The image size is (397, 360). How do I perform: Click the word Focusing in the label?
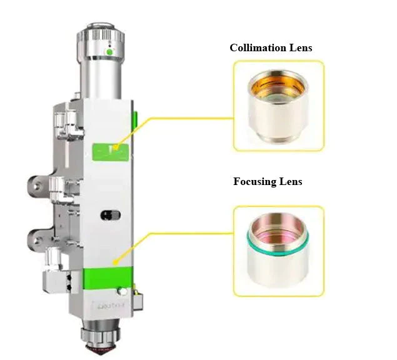pyautogui.click(x=254, y=181)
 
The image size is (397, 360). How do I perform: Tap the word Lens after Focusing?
pyautogui.click(x=291, y=181)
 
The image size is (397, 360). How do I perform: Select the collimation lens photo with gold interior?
pyautogui.click(x=278, y=106)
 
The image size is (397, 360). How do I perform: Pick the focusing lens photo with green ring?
pyautogui.click(x=278, y=251)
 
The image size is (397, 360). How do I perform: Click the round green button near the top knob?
pyautogui.click(x=109, y=52)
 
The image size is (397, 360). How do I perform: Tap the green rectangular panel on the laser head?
pyautogui.click(x=111, y=152)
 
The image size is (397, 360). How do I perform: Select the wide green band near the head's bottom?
pyautogui.click(x=108, y=277)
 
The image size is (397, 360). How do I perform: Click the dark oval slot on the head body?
pyautogui.click(x=111, y=215)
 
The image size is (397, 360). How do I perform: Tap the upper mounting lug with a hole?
pyautogui.click(x=39, y=187)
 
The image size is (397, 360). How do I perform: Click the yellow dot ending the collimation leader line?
pyautogui.click(x=116, y=147)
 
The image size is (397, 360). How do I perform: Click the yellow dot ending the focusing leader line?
pyautogui.click(x=116, y=262)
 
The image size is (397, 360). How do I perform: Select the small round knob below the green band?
pyautogui.click(x=123, y=291)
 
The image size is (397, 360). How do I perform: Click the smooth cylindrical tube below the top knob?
pyautogui.click(x=101, y=79)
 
